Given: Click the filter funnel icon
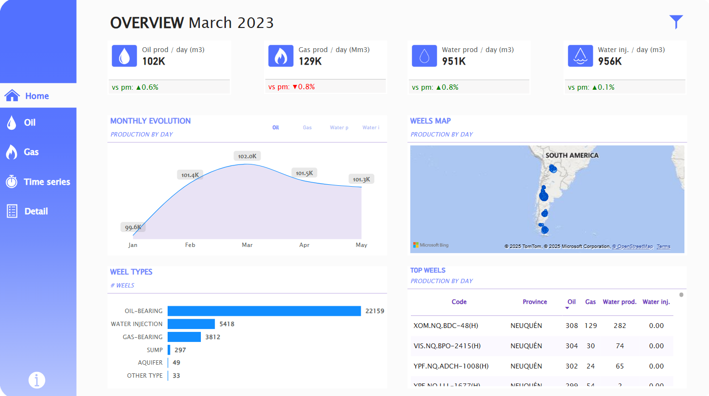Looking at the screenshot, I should [x=676, y=22].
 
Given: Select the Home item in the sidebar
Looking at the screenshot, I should [x=37, y=96].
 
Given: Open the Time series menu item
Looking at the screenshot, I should [x=47, y=182].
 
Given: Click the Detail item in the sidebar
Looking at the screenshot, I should [x=36, y=211].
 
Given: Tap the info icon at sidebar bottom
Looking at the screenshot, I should [x=37, y=380].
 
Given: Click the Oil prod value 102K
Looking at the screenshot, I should [x=154, y=61].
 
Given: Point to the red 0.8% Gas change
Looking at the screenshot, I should [x=304, y=87].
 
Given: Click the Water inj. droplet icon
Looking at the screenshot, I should [x=580, y=56].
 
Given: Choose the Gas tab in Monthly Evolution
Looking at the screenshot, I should [x=307, y=128].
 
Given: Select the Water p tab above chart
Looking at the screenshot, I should [x=339, y=128].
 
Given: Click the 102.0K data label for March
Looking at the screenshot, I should [x=247, y=156].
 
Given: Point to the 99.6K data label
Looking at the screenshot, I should [x=133, y=227].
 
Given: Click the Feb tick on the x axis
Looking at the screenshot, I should [x=190, y=245].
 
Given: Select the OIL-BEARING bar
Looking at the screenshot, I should [x=264, y=311].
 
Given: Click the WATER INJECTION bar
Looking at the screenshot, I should [x=191, y=324].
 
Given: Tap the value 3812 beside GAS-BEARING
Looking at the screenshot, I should [x=212, y=337].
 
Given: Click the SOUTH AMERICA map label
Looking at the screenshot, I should [x=572, y=155].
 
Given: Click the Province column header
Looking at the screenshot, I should [x=535, y=302].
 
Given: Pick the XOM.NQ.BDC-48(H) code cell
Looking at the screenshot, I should [x=446, y=326].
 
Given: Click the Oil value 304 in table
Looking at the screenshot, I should [x=571, y=346].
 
